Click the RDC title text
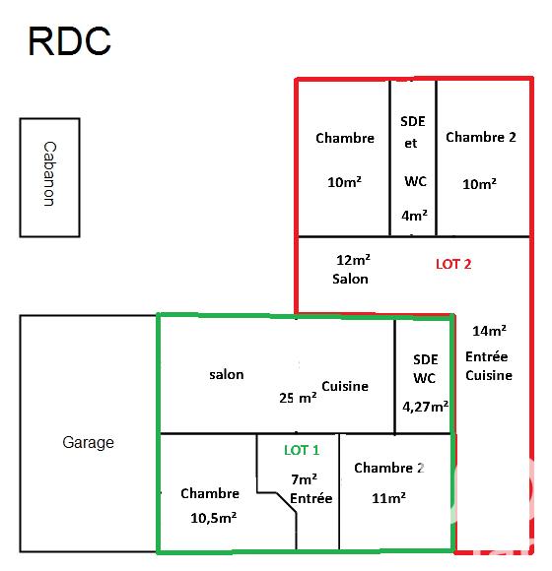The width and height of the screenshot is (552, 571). [x=69, y=41]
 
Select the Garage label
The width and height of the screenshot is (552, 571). [x=89, y=443]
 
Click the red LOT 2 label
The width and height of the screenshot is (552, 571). [x=453, y=264]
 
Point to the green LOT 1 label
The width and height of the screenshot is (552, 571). [x=302, y=450]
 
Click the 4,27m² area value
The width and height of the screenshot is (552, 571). [x=426, y=406]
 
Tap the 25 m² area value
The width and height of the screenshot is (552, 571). [x=298, y=399]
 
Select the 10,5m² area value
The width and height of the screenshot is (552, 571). [x=210, y=516]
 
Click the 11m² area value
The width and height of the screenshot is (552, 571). [x=389, y=499]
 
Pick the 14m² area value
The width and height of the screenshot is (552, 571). [x=489, y=331]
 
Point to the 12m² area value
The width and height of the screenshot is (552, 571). [x=353, y=260]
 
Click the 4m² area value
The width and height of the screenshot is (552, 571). [x=414, y=216]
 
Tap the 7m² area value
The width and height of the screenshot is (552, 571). [x=304, y=479]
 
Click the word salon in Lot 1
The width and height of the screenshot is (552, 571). [x=227, y=374]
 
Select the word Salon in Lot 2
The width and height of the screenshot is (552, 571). [x=350, y=279]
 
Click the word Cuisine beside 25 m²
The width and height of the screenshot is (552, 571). [x=345, y=386]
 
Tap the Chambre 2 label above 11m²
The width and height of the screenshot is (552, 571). [x=389, y=468]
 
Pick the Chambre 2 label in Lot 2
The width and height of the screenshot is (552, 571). [x=481, y=137]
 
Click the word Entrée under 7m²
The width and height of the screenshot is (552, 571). [x=311, y=498]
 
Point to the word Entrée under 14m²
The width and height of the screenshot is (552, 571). [x=489, y=355]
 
